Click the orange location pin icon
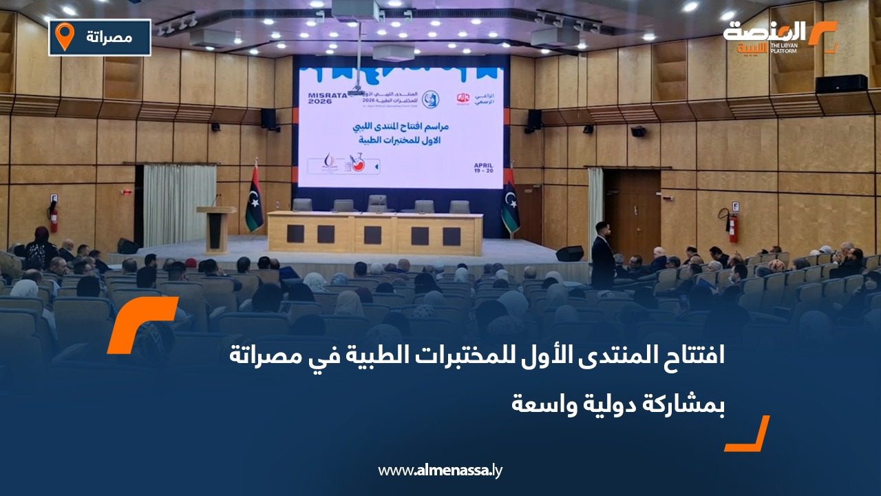[64, 37]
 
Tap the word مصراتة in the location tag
[110, 37]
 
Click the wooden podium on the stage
[215, 229]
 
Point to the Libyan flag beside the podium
[254, 200]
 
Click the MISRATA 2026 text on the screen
[326, 99]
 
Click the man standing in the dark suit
[602, 256]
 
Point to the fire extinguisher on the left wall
[53, 217]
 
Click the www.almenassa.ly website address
[440, 471]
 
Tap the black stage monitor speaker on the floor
[569, 254]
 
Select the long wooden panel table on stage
[374, 234]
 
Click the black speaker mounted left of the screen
[268, 118]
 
